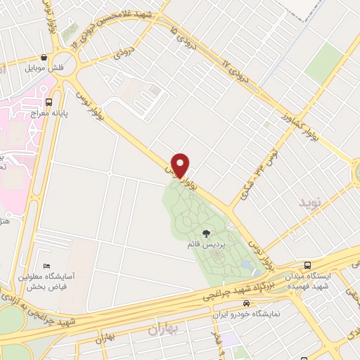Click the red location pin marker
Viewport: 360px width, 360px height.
[x=181, y=165]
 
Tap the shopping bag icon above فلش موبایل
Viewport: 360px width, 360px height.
[x=45, y=58]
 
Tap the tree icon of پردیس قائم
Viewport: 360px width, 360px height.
[x=205, y=233]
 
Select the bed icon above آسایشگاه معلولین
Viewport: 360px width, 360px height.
[x=46, y=266]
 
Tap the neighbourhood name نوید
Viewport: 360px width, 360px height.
[x=310, y=203]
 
